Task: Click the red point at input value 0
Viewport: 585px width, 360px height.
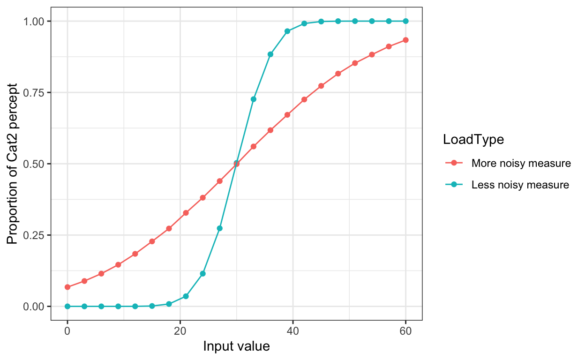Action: pyautogui.click(x=67, y=287)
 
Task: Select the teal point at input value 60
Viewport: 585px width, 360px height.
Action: pyautogui.click(x=405, y=21)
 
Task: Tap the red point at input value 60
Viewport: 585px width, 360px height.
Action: pyautogui.click(x=405, y=40)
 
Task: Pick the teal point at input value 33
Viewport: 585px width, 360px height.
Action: pyautogui.click(x=254, y=99)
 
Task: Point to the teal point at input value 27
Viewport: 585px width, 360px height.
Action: pyautogui.click(x=220, y=228)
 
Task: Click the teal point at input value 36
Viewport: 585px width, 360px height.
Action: pyautogui.click(x=270, y=54)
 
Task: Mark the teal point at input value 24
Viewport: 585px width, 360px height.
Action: pyautogui.click(x=202, y=273)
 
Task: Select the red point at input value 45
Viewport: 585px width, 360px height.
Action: pyautogui.click(x=321, y=86)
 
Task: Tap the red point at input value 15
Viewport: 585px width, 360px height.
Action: pyautogui.click(x=152, y=241)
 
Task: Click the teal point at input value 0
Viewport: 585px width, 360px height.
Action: pyautogui.click(x=67, y=306)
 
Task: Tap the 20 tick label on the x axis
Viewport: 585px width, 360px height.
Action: pyautogui.click(x=180, y=331)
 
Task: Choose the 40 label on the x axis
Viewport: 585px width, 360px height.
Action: pyautogui.click(x=293, y=331)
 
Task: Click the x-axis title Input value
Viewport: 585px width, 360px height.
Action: pyautogui.click(x=236, y=347)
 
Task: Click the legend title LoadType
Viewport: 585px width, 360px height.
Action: pyautogui.click(x=473, y=139)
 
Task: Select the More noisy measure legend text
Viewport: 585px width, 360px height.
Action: pyautogui.click(x=521, y=164)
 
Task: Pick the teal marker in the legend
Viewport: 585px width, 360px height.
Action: pyautogui.click(x=454, y=185)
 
